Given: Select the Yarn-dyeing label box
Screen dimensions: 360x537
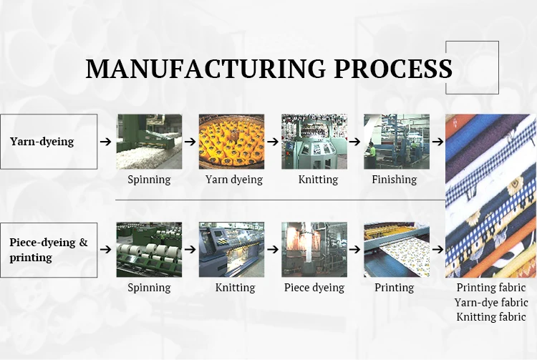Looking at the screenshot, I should coord(49,142).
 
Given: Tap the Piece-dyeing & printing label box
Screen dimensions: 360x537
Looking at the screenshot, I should coord(49,250).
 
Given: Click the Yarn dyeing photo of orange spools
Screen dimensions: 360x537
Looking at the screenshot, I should coord(231,142).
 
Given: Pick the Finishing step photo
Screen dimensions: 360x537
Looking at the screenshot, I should coord(397,142).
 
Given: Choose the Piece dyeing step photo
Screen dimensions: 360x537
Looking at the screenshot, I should coord(314,250).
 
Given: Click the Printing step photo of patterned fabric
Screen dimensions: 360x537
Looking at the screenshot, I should coord(397,250).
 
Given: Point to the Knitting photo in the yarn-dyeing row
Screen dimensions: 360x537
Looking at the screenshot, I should coord(314,142).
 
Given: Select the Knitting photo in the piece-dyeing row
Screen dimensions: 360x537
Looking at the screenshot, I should coord(231,250).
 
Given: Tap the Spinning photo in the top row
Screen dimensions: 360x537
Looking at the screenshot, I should coord(149,142).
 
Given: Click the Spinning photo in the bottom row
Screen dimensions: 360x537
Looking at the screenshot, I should coord(149,250).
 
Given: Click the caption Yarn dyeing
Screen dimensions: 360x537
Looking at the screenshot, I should coord(234,180).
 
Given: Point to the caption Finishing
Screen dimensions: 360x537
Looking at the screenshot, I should coord(394,180).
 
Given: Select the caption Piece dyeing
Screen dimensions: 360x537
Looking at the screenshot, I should coord(314,288).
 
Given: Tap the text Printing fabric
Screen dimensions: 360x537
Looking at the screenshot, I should coord(490,288).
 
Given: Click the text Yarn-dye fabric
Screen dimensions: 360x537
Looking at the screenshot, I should coord(490,302).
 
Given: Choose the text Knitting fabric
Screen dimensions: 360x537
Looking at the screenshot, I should coord(490,316).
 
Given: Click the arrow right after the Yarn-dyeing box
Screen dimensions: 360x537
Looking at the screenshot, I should coord(106,142).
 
